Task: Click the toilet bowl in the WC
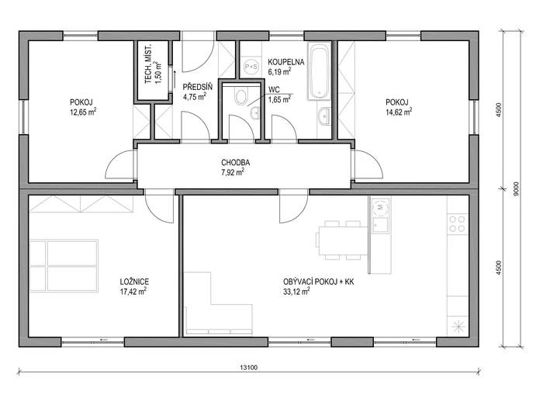pyautogui.click(x=241, y=95)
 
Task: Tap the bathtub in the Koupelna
pyautogui.click(x=320, y=71)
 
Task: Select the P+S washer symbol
pyautogui.click(x=251, y=67)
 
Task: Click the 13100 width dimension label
pyautogui.click(x=249, y=368)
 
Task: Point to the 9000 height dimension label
pyautogui.click(x=517, y=188)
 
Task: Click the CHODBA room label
pyautogui.click(x=236, y=162)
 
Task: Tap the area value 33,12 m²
pyautogui.click(x=296, y=292)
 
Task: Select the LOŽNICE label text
pyautogui.click(x=134, y=281)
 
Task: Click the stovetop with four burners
pyautogui.click(x=457, y=223)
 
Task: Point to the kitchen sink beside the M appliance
pyautogui.click(x=380, y=225)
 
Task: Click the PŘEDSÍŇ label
pyautogui.click(x=197, y=87)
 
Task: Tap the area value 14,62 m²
pyautogui.click(x=399, y=112)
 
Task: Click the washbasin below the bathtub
pyautogui.click(x=324, y=116)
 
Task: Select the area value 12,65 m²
pyautogui.click(x=83, y=112)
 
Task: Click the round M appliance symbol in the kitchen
pyautogui.click(x=380, y=207)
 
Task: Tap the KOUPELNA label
pyautogui.click(x=286, y=62)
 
